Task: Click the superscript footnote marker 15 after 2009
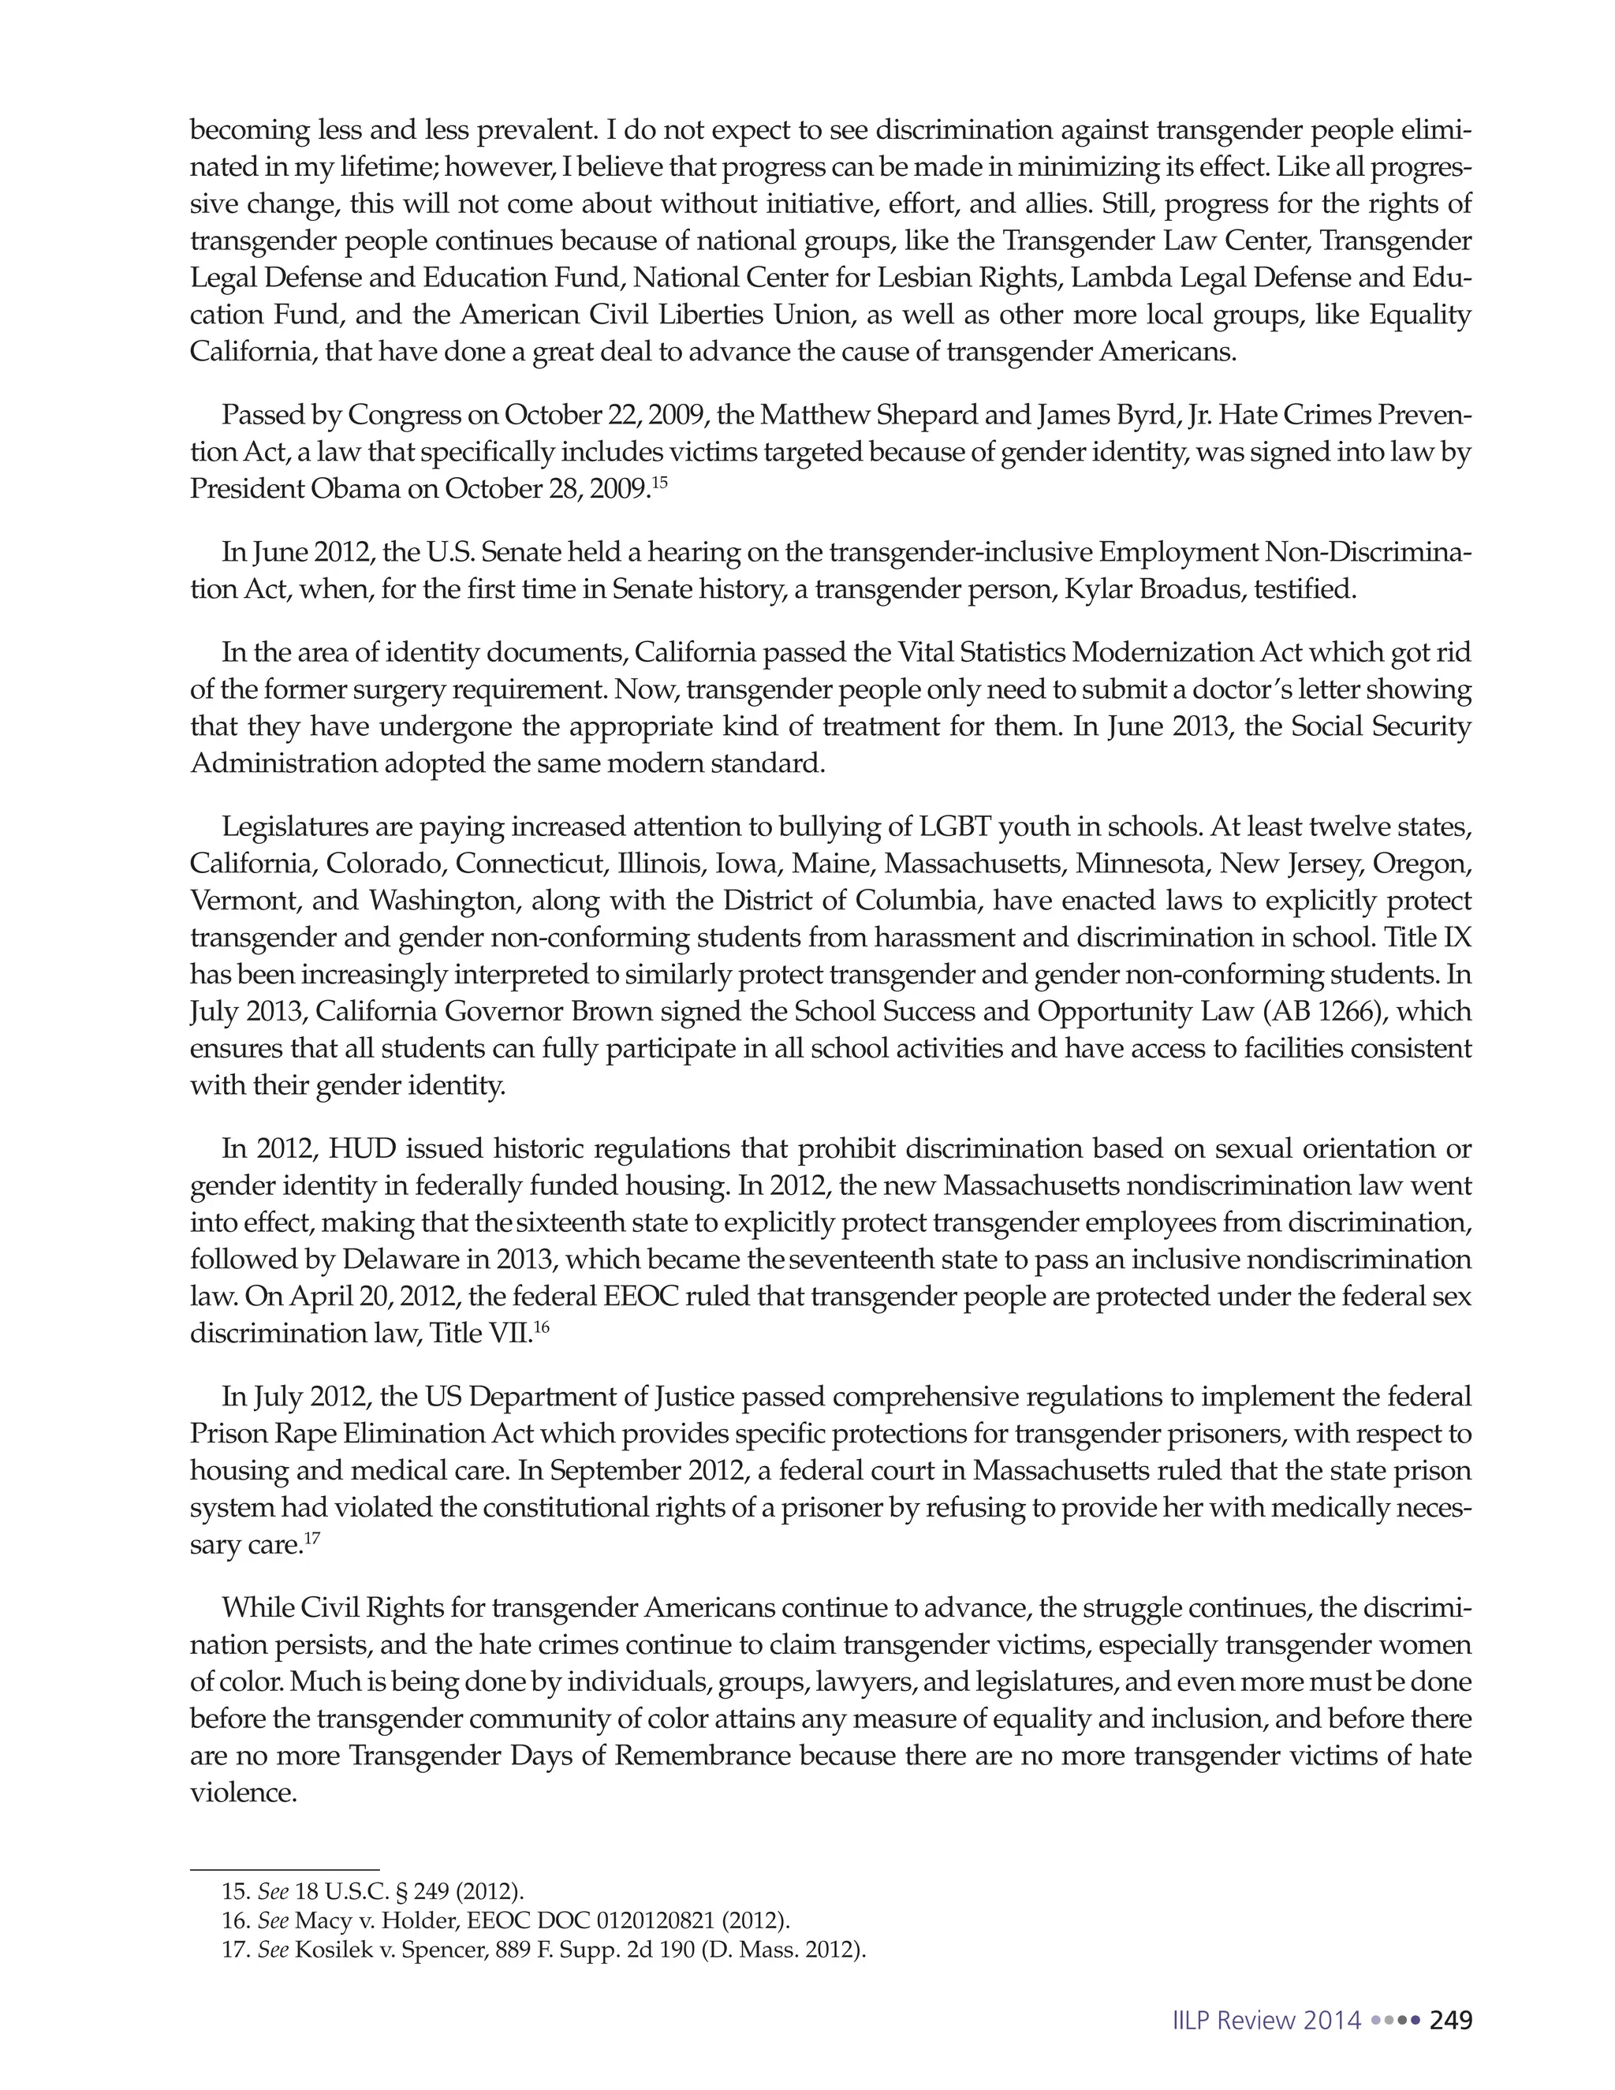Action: point(659,480)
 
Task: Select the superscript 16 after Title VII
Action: point(542,1326)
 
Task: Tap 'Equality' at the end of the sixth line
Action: point(1419,315)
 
